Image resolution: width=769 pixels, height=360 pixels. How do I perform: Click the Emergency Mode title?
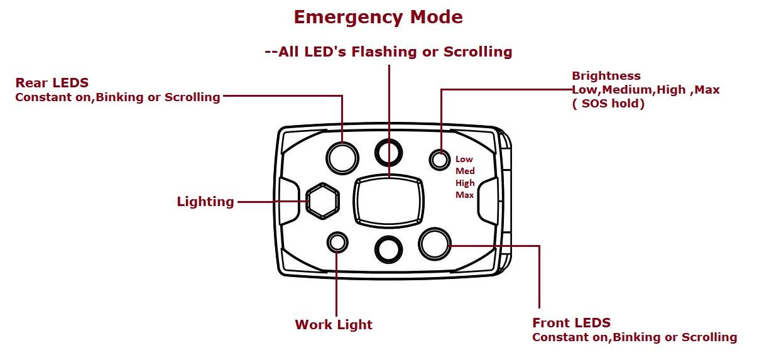[x=378, y=17]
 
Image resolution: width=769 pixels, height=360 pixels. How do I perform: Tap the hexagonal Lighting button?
[x=322, y=201]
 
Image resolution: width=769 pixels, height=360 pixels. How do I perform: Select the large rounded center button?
[x=388, y=200]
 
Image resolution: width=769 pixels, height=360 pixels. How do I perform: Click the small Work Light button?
[x=338, y=243]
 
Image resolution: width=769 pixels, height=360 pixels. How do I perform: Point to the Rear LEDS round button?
[x=342, y=157]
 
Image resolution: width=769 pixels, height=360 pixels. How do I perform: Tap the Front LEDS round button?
[x=435, y=244]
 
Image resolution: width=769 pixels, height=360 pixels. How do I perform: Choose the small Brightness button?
[x=439, y=160]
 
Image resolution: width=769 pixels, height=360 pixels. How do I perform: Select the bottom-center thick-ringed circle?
[x=388, y=249]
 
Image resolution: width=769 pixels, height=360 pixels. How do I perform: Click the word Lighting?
[x=205, y=202]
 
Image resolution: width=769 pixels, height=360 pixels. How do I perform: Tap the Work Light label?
[x=334, y=325]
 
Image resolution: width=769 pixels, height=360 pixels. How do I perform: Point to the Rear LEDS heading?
[x=52, y=83]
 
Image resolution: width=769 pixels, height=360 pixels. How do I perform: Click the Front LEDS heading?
[x=571, y=323]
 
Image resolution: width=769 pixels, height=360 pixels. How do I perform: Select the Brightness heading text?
[x=606, y=76]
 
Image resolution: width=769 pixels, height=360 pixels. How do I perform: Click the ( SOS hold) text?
[x=608, y=104]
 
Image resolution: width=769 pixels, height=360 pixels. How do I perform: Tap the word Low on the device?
[x=464, y=159]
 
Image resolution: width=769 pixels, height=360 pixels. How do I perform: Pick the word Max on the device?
[x=464, y=195]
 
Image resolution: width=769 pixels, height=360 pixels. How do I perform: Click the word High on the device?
[x=465, y=183]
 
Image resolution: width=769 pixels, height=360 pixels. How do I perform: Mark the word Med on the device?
[x=465, y=171]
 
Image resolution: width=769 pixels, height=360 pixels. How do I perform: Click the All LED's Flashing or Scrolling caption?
[x=389, y=52]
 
